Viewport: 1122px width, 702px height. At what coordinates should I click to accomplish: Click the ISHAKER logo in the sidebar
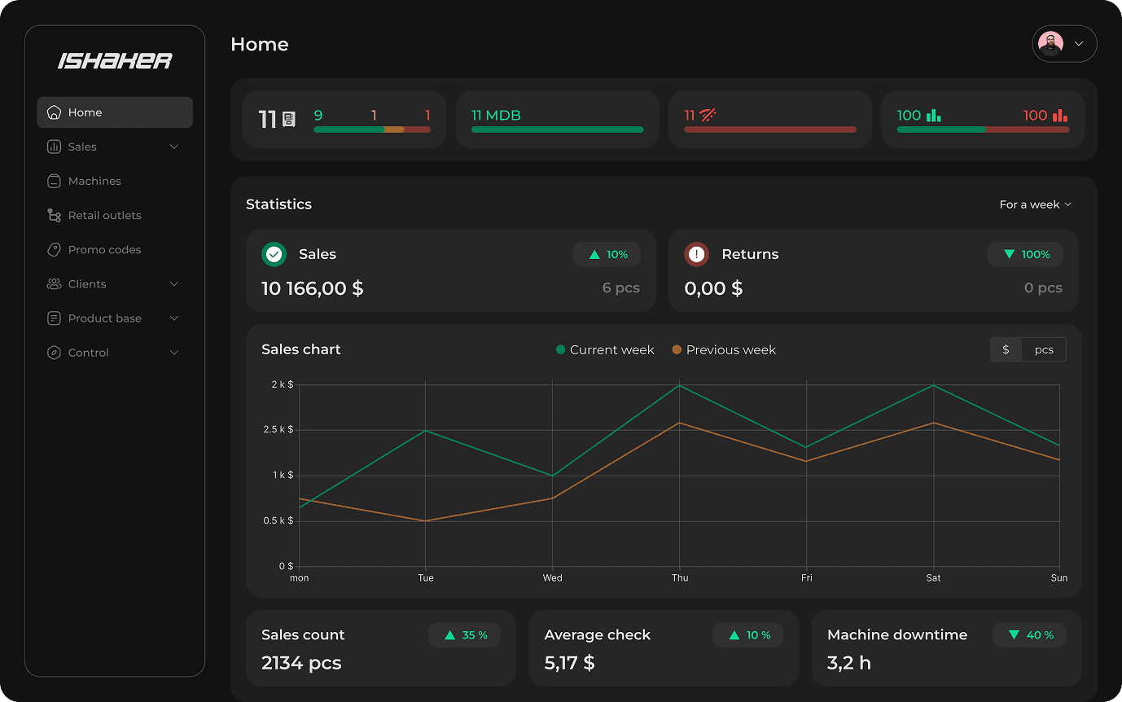click(115, 61)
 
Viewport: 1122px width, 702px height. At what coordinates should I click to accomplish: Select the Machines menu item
click(94, 182)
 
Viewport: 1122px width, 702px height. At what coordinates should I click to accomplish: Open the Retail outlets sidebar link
click(104, 216)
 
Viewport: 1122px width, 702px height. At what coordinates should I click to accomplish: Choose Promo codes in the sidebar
click(104, 250)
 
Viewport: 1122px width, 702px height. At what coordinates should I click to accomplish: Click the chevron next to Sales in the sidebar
click(173, 147)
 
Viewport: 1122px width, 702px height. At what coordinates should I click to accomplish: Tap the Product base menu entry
click(104, 318)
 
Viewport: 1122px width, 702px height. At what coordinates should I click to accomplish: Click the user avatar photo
click(1051, 44)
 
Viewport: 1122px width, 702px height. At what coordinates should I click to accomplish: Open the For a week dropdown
click(1035, 204)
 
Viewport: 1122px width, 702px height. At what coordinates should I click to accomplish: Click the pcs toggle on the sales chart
click(1044, 349)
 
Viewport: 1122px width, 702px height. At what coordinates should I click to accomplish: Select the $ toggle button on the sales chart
click(1006, 349)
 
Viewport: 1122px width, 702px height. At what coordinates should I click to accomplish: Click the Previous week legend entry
click(724, 350)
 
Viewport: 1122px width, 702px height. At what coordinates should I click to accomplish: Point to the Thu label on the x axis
click(680, 578)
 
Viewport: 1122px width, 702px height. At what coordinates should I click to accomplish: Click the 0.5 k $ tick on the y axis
click(278, 521)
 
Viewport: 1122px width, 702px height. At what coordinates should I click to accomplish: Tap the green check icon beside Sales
click(274, 255)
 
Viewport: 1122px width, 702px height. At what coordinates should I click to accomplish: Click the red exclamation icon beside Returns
click(696, 255)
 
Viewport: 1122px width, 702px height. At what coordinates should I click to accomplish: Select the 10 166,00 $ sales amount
click(313, 288)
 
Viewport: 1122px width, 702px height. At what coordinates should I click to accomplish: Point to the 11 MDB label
click(496, 116)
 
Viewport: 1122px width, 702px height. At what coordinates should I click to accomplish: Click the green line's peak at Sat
click(933, 385)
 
